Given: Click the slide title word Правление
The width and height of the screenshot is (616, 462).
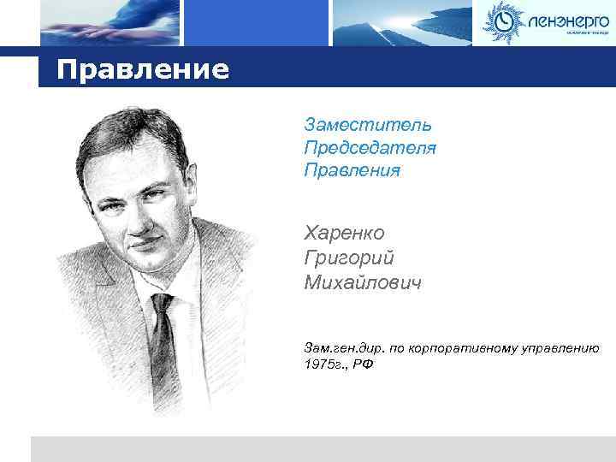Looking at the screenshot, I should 143,69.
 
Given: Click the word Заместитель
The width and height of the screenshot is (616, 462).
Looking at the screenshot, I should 368,127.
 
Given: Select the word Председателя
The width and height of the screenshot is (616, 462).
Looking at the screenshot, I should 370,148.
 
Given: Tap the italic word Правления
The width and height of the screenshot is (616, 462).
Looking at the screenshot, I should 352,170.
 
